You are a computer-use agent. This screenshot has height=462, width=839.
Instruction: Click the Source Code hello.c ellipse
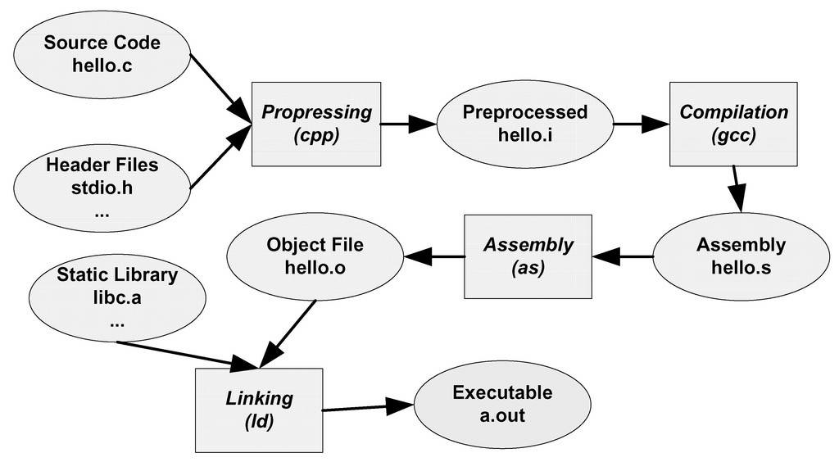tap(102, 54)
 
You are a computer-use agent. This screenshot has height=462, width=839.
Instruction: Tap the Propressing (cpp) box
tap(316, 123)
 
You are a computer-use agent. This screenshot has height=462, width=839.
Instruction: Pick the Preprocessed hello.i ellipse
tap(525, 123)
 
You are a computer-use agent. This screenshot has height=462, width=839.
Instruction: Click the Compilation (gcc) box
tap(734, 123)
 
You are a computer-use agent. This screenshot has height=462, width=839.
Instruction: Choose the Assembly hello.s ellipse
tap(741, 256)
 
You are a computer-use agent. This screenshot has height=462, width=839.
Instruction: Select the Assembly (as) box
tap(528, 256)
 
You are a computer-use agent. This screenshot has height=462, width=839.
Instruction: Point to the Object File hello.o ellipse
tap(315, 256)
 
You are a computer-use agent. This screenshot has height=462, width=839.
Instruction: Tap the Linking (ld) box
tap(259, 410)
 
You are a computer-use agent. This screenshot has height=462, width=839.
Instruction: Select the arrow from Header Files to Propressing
tap(220, 159)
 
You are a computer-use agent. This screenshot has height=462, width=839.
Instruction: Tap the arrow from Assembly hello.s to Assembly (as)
tap(623, 256)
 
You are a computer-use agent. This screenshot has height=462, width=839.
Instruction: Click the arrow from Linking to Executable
tap(369, 406)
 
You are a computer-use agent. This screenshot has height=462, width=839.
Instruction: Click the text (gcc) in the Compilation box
tap(734, 134)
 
